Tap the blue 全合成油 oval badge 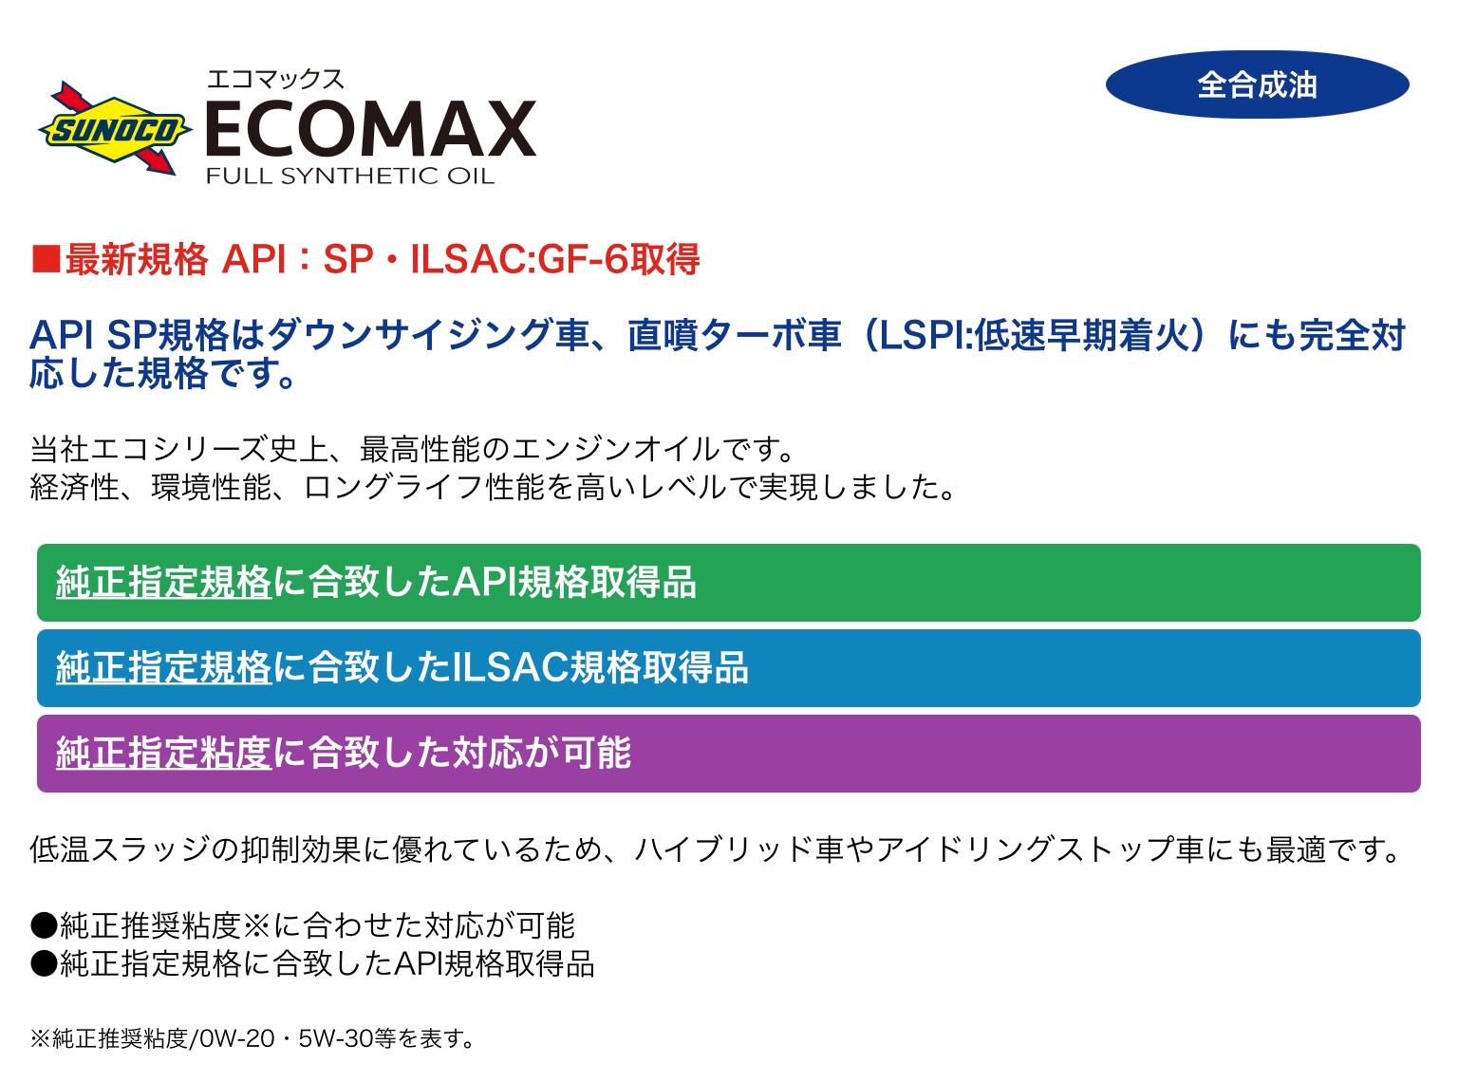point(1257,84)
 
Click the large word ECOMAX point(371,129)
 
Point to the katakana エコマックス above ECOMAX point(275,80)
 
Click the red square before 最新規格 point(46,258)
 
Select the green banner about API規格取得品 point(728,583)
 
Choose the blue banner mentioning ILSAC point(728,668)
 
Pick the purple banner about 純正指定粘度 point(728,754)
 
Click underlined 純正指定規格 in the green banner point(163,583)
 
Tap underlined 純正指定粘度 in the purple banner point(163,754)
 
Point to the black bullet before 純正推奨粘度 point(44,926)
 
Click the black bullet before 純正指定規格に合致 point(44,964)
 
